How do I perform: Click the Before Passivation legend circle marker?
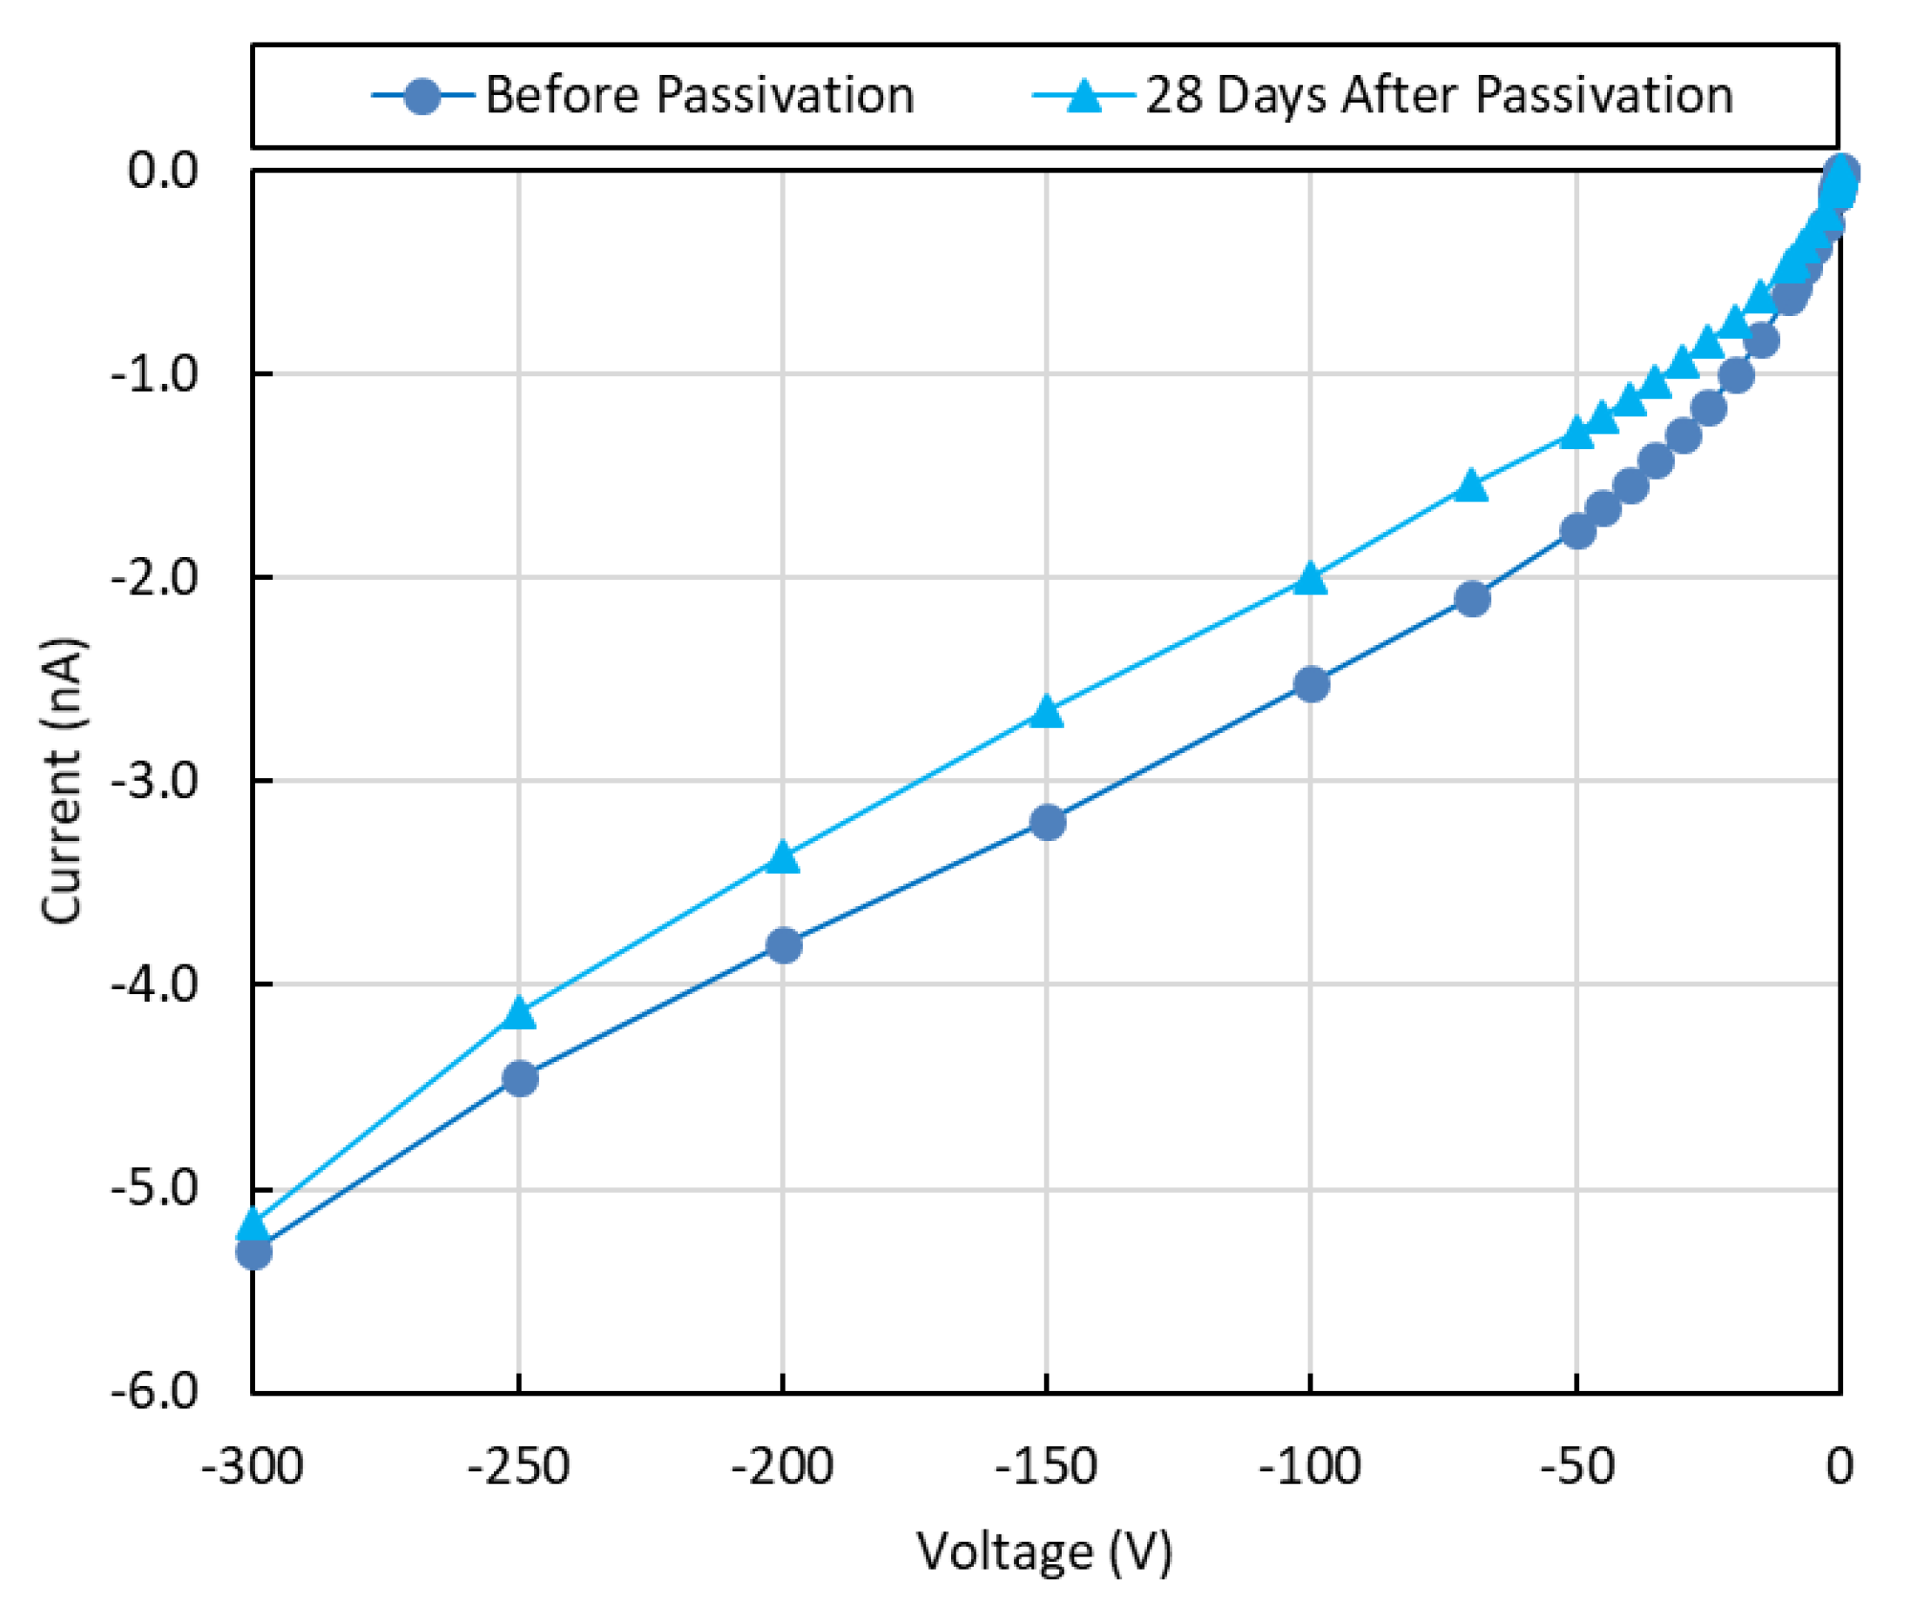click(422, 96)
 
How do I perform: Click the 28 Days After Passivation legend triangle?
click(1084, 95)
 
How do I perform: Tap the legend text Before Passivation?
click(699, 95)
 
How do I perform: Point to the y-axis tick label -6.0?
click(154, 1393)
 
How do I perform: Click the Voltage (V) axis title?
click(1045, 1552)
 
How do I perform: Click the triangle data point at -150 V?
click(1047, 712)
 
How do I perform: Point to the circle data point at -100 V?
click(1312, 684)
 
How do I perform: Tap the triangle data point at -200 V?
click(782, 857)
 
